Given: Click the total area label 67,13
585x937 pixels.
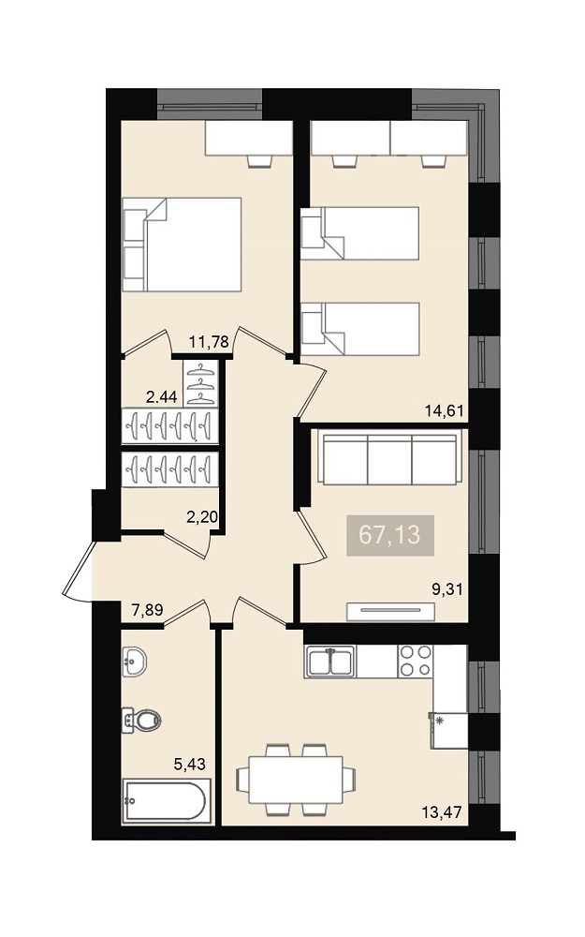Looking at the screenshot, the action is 389,535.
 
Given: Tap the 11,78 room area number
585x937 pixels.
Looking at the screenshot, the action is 209,342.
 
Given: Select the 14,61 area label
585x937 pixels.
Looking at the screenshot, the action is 444,410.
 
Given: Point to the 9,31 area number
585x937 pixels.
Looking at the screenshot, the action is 447,589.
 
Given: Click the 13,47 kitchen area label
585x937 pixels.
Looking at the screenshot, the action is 443,811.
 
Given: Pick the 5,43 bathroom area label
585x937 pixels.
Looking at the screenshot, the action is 189,764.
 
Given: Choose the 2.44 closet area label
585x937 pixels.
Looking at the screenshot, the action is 162,396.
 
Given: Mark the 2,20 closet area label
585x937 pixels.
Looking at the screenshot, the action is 202,517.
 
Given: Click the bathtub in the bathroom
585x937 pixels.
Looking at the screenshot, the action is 168,801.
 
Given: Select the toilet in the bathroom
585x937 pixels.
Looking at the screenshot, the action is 141,720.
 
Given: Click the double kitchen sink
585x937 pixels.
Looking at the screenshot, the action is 330,662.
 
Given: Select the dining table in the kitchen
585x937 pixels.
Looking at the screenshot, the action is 296,780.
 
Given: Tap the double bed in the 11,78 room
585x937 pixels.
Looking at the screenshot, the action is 183,245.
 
